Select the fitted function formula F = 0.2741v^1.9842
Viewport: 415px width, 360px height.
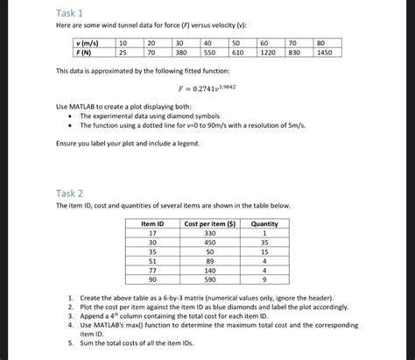tap(207, 88)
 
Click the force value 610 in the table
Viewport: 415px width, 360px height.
tap(238, 53)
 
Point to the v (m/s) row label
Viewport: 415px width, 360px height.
tap(88, 42)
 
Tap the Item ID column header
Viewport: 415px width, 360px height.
tap(152, 224)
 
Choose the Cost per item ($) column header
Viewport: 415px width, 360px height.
tap(209, 224)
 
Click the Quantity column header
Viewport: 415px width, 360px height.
tap(264, 224)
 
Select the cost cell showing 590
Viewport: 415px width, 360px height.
tap(209, 280)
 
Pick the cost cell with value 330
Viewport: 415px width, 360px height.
tap(209, 234)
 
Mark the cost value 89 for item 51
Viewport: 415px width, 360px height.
tap(209, 261)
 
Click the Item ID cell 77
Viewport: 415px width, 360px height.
tap(152, 271)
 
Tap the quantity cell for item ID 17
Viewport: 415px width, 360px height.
tap(264, 234)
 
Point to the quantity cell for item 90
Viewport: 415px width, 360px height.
tap(264, 280)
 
